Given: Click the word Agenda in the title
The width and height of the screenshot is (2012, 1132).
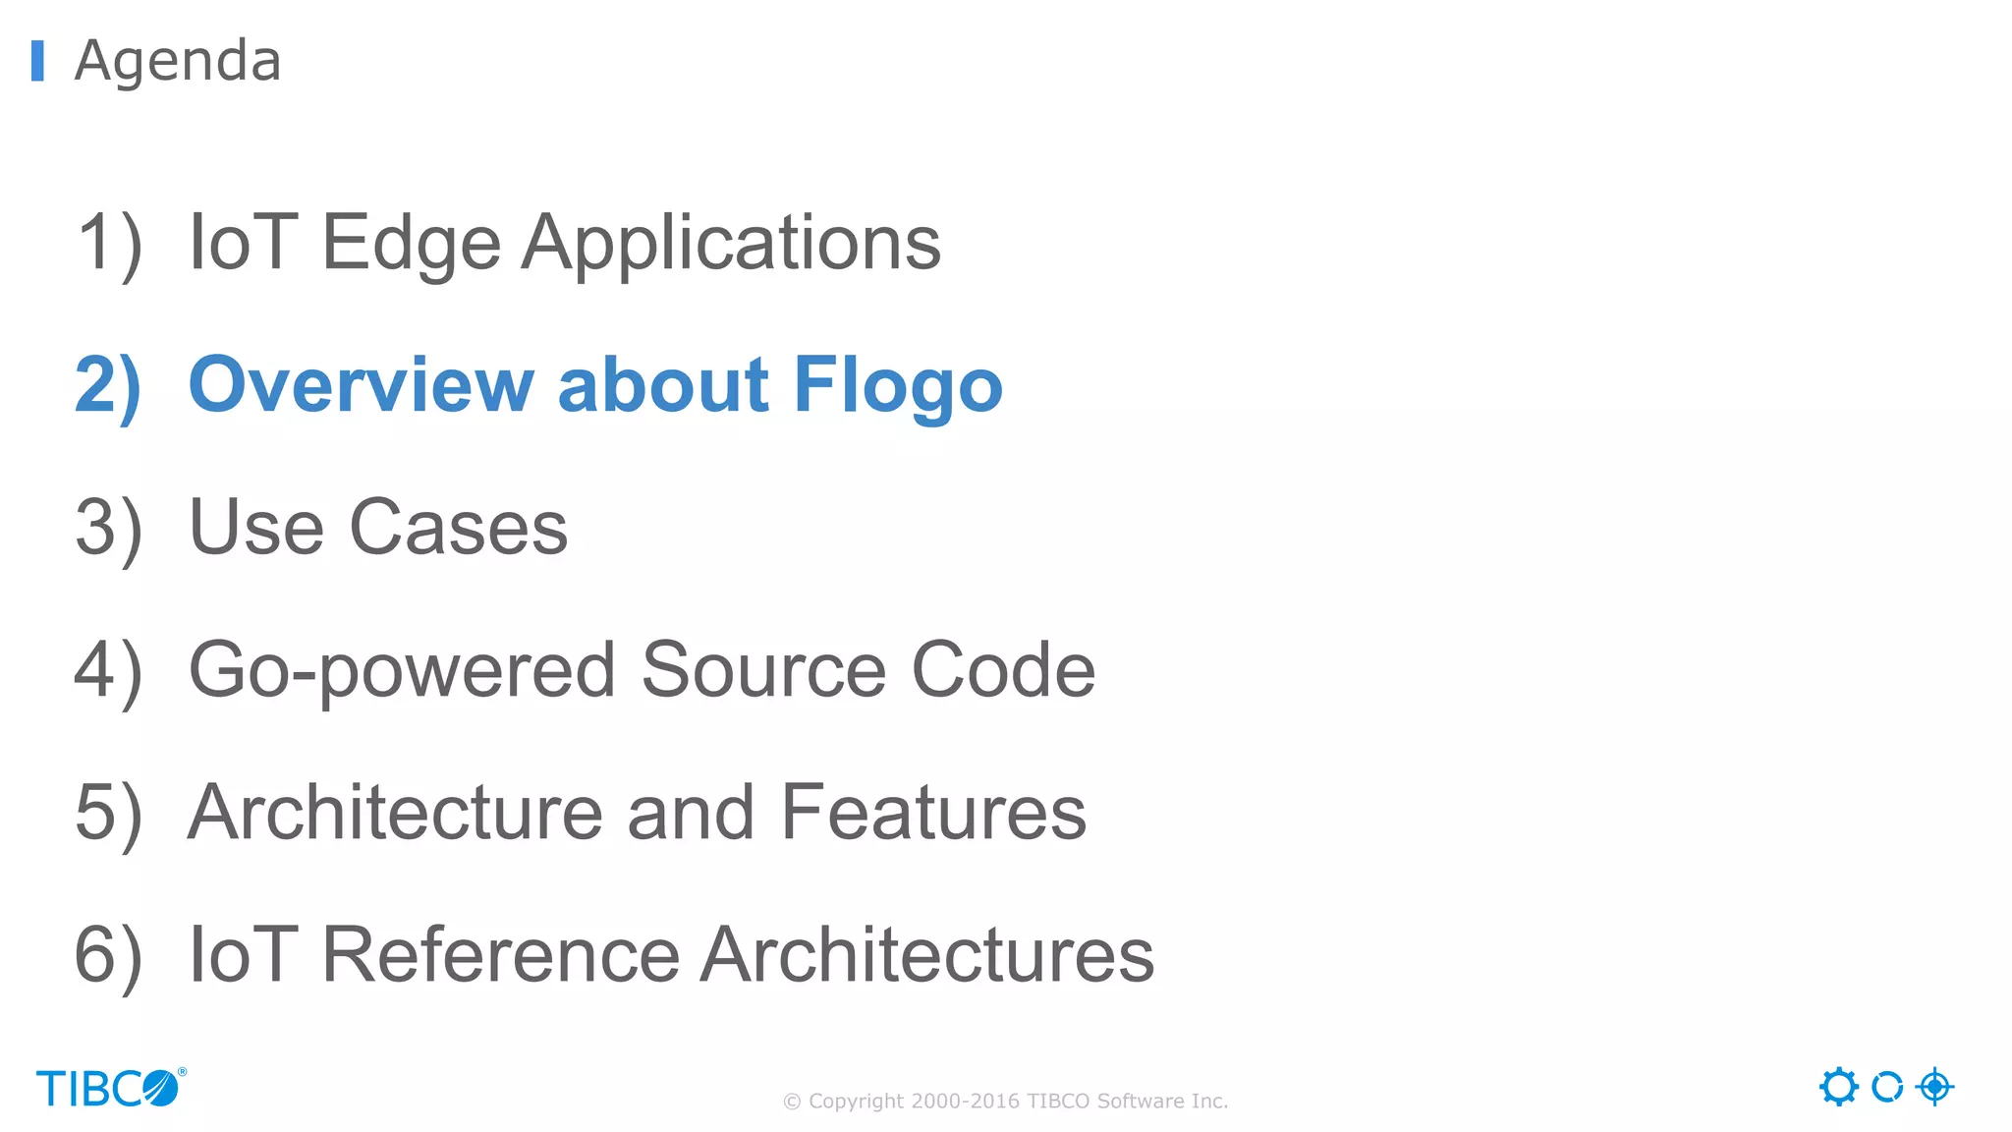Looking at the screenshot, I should click(x=178, y=61).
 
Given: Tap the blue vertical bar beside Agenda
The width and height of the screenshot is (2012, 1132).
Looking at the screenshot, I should click(x=37, y=61).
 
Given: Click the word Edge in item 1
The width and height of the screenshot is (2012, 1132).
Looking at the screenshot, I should click(x=411, y=243).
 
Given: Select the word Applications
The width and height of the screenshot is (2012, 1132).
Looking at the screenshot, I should click(x=731, y=243).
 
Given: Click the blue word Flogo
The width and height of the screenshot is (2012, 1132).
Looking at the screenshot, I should click(x=898, y=385).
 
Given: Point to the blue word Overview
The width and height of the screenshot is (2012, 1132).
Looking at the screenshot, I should click(x=361, y=385).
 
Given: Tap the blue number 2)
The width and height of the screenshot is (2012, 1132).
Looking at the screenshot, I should click(x=108, y=385).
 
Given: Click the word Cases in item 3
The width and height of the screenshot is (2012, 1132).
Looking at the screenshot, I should click(x=458, y=528).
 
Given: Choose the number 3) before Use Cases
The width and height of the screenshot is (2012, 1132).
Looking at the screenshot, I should click(x=108, y=528).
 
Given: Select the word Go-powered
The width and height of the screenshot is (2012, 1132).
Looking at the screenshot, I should click(x=402, y=670).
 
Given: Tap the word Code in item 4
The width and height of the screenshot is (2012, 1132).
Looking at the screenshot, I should click(x=1003, y=670).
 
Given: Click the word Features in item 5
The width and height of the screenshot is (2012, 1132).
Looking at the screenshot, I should click(x=933, y=813).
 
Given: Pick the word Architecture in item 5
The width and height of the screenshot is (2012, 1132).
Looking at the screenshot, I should click(x=395, y=813).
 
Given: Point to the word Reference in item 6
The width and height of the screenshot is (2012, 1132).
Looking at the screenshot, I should click(x=500, y=955).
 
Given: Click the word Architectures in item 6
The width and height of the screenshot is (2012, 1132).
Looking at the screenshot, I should click(x=928, y=955).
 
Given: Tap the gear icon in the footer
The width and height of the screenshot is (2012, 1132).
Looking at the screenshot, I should click(x=1838, y=1087).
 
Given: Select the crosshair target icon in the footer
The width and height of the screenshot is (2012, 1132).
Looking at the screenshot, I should click(x=1934, y=1087).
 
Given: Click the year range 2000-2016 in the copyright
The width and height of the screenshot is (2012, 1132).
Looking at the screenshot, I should click(x=965, y=1102).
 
